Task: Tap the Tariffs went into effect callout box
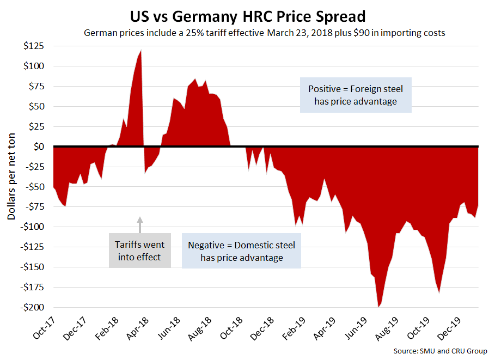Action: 139,251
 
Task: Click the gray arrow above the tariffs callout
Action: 139,225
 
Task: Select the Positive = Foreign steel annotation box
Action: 356,94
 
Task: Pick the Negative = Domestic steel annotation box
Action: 241,251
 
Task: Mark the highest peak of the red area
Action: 141,51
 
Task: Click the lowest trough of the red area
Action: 378,306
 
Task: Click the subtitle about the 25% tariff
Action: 264,33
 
